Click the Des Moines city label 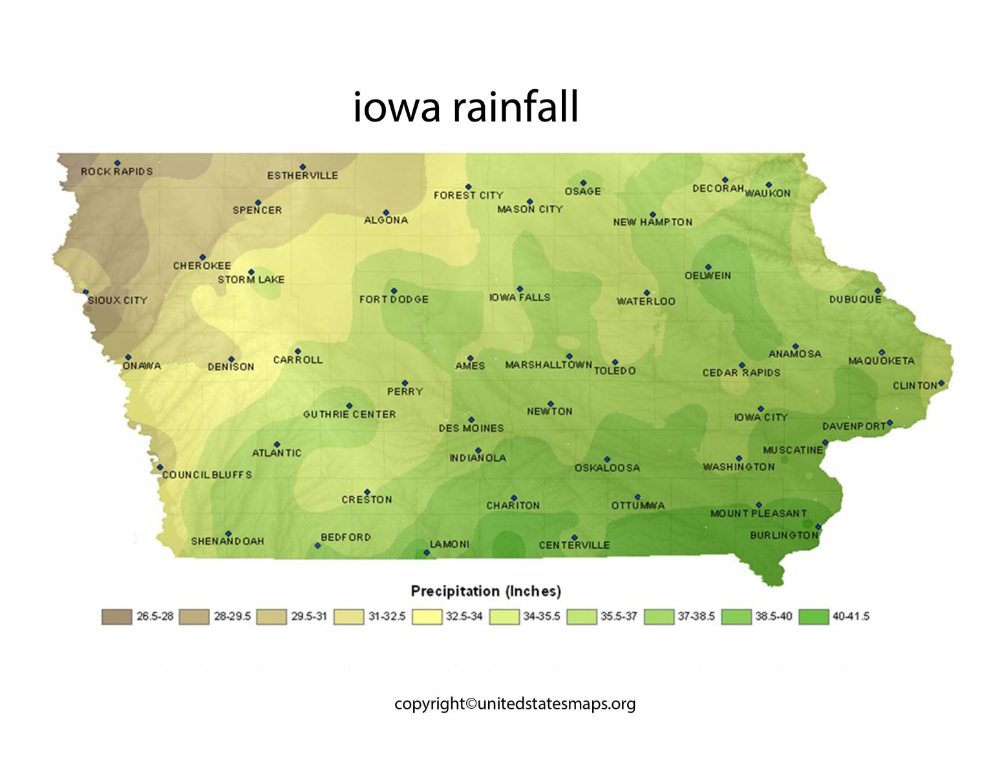[x=471, y=428]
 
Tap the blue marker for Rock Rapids [x=117, y=163]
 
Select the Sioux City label [x=118, y=300]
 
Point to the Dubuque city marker [x=878, y=291]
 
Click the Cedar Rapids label [x=742, y=373]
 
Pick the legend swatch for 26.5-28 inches [x=116, y=617]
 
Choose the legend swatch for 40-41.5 [x=814, y=617]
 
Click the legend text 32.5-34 [x=464, y=616]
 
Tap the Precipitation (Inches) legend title [x=486, y=591]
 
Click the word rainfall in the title [x=515, y=107]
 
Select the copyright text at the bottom [x=515, y=704]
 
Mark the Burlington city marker [x=818, y=527]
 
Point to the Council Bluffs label [x=207, y=475]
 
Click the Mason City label [x=530, y=209]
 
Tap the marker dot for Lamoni [x=427, y=552]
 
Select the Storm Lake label [x=251, y=280]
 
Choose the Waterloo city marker [x=646, y=293]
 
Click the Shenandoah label [x=228, y=541]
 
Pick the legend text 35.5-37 [x=619, y=616]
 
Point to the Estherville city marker [x=302, y=167]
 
